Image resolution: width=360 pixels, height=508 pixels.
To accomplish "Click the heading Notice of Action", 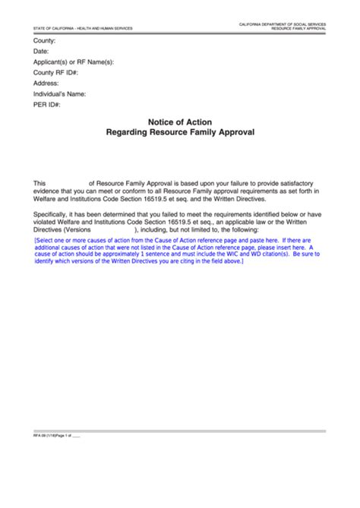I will coord(180,121).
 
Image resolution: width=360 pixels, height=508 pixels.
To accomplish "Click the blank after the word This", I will coord(68,184).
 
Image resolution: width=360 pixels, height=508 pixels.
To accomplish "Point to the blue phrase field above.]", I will coord(224,261).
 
